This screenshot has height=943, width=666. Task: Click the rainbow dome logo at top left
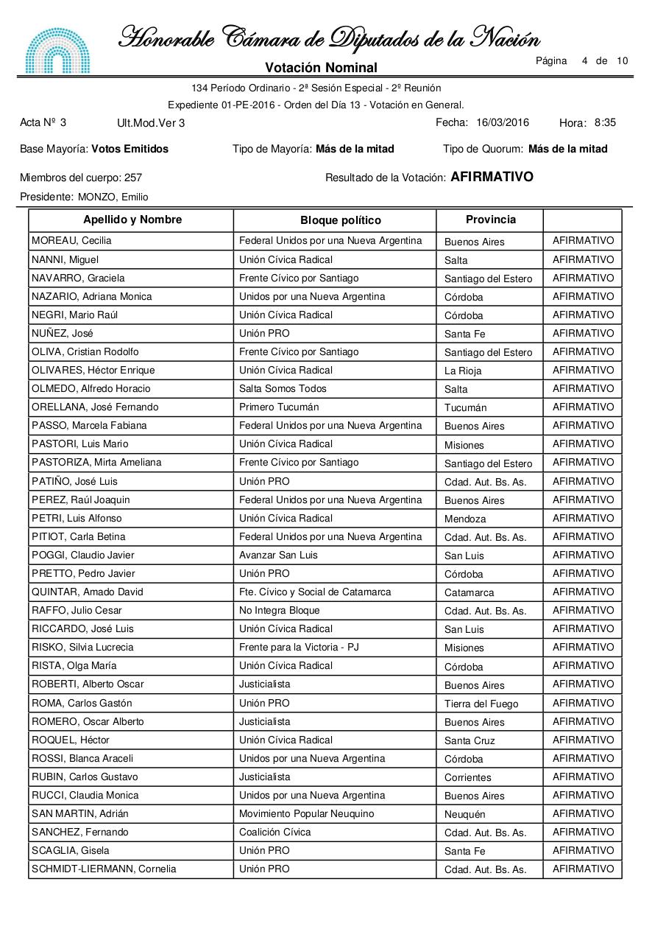[x=58, y=50]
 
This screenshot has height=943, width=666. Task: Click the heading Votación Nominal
[x=321, y=68]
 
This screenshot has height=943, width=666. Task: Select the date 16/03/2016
[x=503, y=122]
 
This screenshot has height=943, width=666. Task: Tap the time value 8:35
[x=605, y=122]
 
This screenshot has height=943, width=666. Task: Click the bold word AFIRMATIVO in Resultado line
[x=492, y=177]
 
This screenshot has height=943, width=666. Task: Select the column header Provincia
[x=491, y=220]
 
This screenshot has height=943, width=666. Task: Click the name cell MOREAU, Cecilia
[x=71, y=241]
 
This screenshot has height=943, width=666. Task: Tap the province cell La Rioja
[x=463, y=371]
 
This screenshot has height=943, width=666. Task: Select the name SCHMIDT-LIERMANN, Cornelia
[x=104, y=869]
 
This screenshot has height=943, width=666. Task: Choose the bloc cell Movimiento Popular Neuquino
[x=306, y=813]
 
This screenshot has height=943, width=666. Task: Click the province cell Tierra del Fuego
[x=481, y=704]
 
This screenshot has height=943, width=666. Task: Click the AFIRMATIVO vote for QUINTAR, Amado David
[x=583, y=592]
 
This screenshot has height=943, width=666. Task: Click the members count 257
[x=133, y=178]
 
